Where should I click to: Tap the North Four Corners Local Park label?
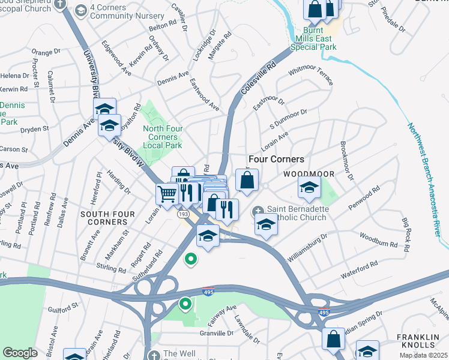point(163,137)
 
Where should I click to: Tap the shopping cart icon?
point(167,193)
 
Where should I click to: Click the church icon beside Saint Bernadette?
point(258,209)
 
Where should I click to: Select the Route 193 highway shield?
point(181,214)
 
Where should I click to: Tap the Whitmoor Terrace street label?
point(310,76)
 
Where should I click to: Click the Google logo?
point(20,352)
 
